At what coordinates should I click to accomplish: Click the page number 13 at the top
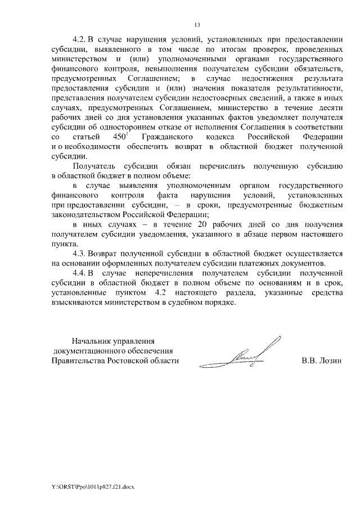[x=197, y=25]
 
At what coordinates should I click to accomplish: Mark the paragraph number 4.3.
[x=81, y=254]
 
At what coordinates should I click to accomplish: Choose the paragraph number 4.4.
[x=81, y=273]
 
